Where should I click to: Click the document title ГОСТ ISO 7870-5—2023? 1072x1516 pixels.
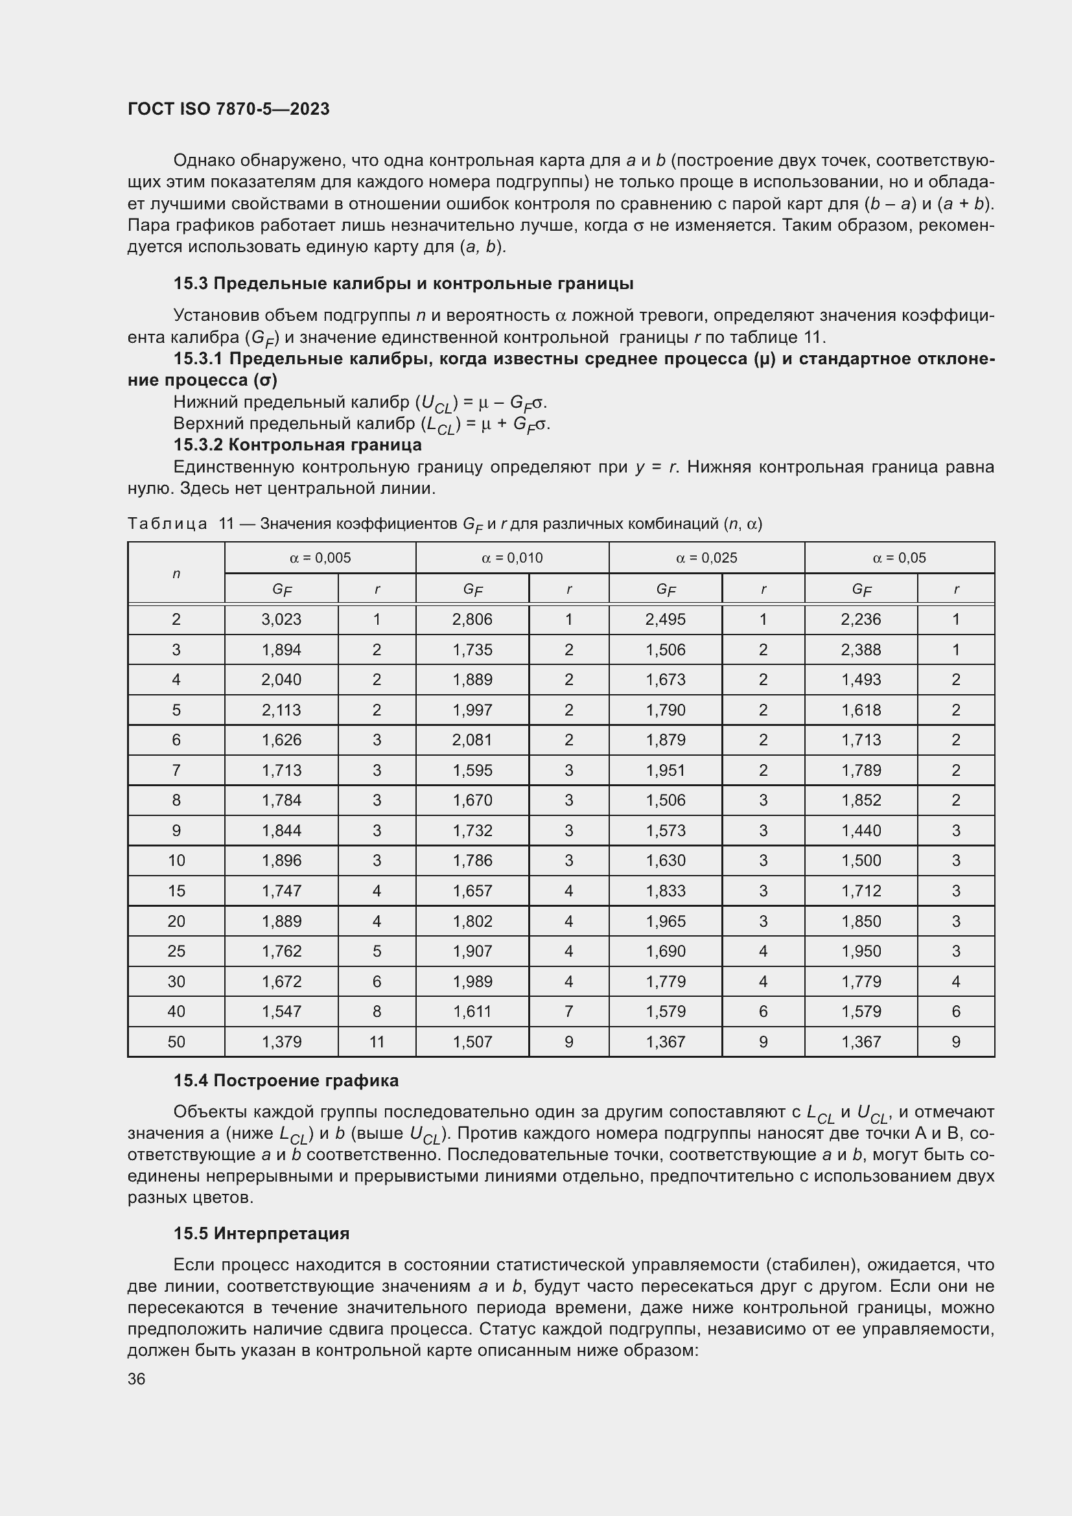[x=228, y=109]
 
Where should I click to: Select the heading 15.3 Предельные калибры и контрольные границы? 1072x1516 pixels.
[x=402, y=284]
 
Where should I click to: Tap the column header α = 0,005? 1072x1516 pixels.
[x=320, y=558]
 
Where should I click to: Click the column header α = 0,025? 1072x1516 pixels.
[x=706, y=558]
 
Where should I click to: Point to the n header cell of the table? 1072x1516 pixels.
[x=176, y=573]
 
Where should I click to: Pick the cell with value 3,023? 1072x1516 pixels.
[x=281, y=620]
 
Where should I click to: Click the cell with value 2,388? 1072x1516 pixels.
[x=861, y=649]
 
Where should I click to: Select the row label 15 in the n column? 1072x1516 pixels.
[x=176, y=891]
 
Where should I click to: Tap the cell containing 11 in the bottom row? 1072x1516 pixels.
[x=377, y=1042]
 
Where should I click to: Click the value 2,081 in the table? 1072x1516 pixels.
[x=472, y=740]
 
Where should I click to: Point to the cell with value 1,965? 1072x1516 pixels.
[x=666, y=921]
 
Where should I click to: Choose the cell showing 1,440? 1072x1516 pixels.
[x=861, y=831]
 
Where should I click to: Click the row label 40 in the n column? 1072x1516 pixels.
[x=176, y=1012]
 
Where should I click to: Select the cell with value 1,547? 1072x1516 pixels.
[x=281, y=1012]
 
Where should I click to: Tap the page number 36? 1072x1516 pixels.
[x=137, y=1379]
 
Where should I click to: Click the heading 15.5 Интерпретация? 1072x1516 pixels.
[x=261, y=1233]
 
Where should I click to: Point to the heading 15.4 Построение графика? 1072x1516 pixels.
[x=286, y=1081]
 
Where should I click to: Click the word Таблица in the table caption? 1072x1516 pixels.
[x=167, y=524]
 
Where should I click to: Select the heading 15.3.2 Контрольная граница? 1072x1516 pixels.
[x=297, y=445]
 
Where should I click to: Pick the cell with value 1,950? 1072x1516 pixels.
[x=861, y=951]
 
